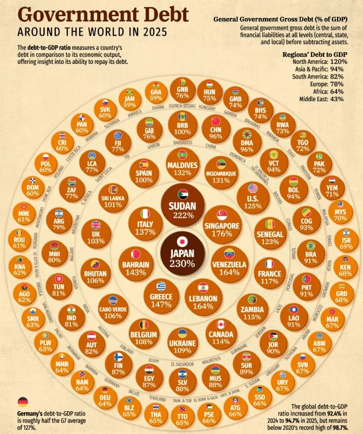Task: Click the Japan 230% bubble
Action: [x=182, y=253]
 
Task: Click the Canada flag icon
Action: [x=221, y=324]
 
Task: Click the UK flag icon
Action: [x=96, y=225]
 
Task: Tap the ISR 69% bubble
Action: [x=345, y=238]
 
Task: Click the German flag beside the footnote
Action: [x=23, y=402]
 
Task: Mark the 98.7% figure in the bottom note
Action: [x=341, y=427]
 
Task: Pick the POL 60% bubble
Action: [x=46, y=165]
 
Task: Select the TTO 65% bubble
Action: [x=182, y=416]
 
